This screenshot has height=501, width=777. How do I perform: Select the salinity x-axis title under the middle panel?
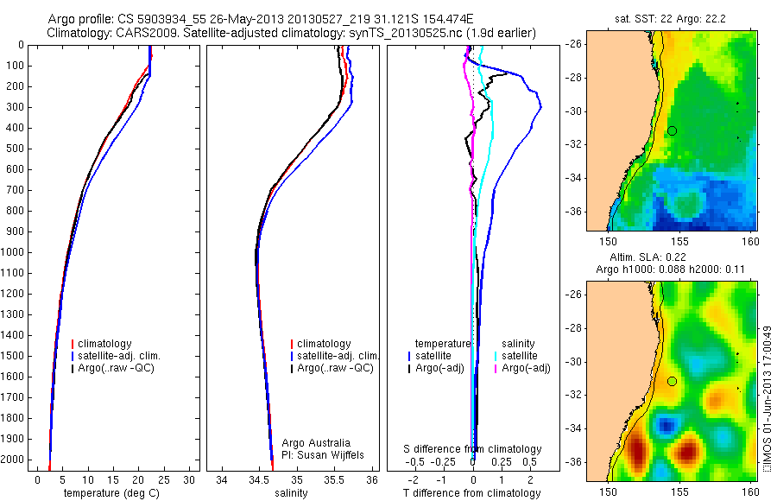pos(290,493)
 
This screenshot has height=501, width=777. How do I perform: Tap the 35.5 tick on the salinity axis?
pos(334,479)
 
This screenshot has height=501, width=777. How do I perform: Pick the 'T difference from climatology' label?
pos(471,493)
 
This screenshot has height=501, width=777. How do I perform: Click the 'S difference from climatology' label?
pos(473,449)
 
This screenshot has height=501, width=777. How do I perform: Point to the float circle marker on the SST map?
pos(672,130)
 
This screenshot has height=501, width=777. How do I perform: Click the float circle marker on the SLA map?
pos(672,381)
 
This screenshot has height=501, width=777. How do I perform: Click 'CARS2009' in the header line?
pos(140,33)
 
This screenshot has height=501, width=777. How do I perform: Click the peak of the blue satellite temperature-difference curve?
pos(540,106)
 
